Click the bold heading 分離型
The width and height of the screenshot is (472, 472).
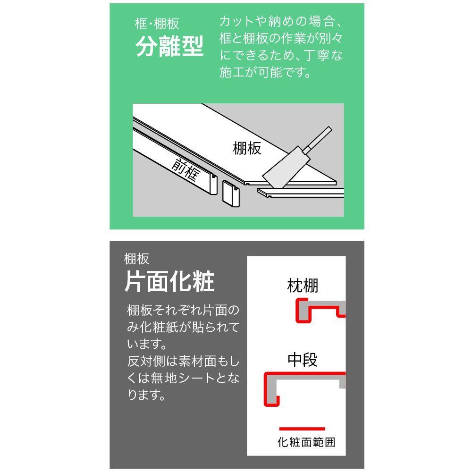click(x=170, y=46)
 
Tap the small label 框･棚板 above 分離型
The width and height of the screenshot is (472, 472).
click(x=157, y=24)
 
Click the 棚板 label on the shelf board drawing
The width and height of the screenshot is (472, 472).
click(x=247, y=148)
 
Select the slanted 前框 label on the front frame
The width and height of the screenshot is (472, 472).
click(x=186, y=169)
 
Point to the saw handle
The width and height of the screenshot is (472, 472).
click(x=317, y=138)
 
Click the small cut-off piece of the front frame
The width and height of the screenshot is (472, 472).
click(x=231, y=194)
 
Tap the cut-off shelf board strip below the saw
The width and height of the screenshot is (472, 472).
click(x=300, y=193)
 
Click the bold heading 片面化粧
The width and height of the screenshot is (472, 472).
click(x=169, y=281)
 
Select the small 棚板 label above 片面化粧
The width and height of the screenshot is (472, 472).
click(x=137, y=259)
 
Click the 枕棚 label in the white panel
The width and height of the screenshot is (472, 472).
click(x=303, y=286)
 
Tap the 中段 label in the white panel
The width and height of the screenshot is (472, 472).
click(x=303, y=359)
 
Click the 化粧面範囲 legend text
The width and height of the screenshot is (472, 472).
click(x=306, y=442)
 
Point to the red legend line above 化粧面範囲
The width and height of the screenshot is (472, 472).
click(x=302, y=429)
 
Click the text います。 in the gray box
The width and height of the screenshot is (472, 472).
click(x=147, y=344)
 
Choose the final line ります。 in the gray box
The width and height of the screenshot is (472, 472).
click(x=147, y=395)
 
